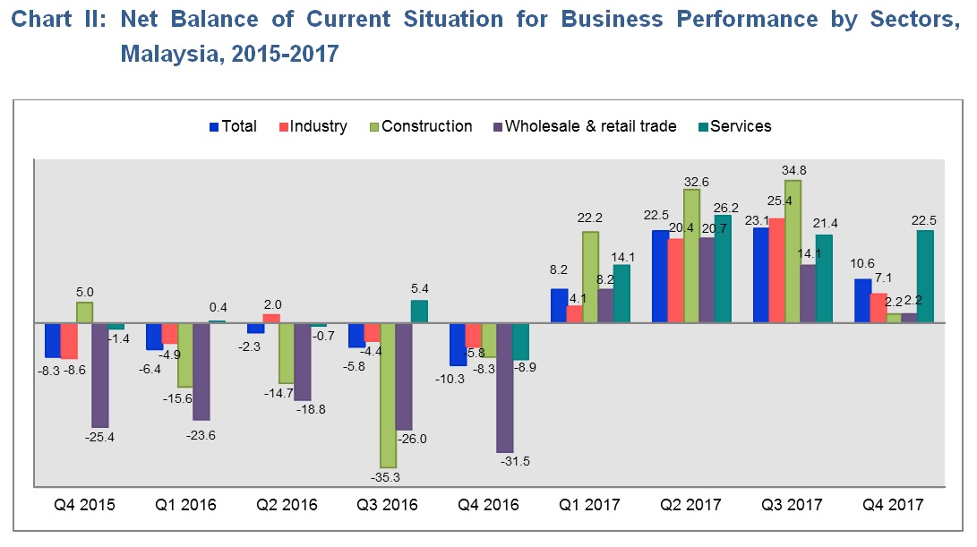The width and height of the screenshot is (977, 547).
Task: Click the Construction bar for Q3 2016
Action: click(x=388, y=395)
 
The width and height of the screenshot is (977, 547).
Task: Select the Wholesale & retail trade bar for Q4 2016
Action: click(x=504, y=387)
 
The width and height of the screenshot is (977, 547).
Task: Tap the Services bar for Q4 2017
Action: click(x=925, y=276)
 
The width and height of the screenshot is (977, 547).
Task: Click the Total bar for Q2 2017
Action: click(x=660, y=276)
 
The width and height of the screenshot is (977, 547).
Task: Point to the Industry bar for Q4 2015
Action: click(x=69, y=340)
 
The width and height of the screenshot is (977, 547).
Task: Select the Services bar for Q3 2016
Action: click(x=419, y=311)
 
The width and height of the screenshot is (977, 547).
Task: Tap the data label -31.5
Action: click(x=510, y=461)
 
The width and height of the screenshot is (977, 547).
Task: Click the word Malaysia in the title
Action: click(x=170, y=55)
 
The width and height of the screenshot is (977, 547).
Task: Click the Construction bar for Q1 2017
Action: click(x=590, y=277)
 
